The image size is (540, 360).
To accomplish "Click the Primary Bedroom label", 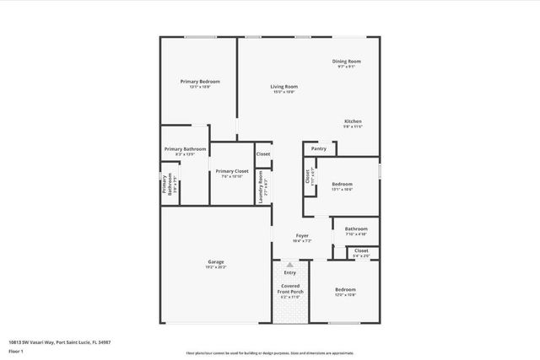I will click(200, 82).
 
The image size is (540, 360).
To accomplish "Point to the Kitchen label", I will click(353, 121).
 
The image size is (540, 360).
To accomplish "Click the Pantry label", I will click(318, 148).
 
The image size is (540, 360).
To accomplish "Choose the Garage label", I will click(216, 262).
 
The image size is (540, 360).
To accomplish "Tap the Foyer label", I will click(301, 235).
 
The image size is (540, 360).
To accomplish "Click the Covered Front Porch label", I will click(290, 288).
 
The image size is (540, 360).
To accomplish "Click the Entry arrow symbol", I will click(290, 265).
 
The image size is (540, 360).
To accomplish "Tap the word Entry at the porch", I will click(290, 272).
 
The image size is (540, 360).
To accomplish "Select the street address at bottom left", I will click(60, 342).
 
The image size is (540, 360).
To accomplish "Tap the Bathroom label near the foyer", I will click(355, 228).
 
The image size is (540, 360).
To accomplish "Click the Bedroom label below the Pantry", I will click(342, 184).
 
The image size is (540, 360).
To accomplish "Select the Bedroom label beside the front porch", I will click(345, 289).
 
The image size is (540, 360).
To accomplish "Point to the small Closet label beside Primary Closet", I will click(263, 154).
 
